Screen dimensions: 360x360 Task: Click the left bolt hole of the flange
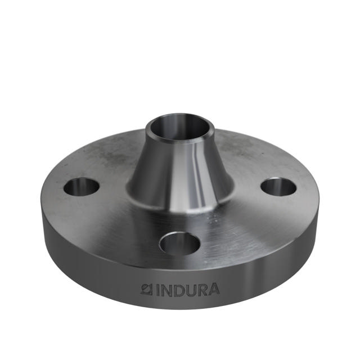[82, 186]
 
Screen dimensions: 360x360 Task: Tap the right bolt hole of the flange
[278, 187]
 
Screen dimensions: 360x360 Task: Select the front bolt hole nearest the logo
[181, 243]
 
